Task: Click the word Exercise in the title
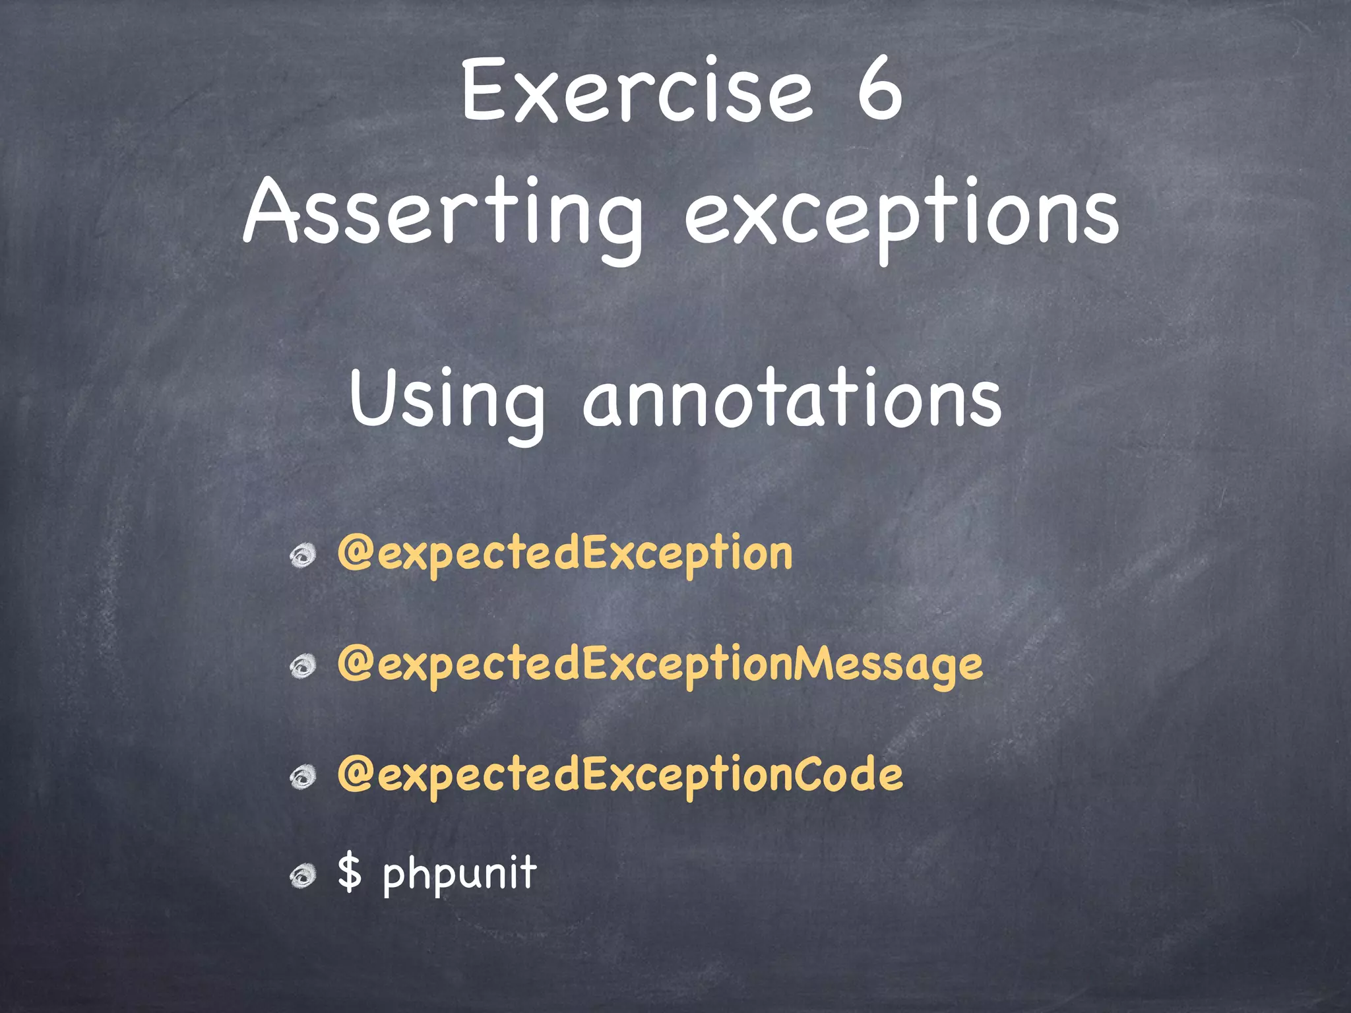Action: coord(637,90)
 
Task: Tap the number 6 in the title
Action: coord(879,90)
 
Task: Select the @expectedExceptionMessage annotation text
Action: coord(660,663)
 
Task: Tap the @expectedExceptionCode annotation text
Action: coord(619,774)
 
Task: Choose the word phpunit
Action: coord(460,874)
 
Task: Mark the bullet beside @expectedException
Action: coord(303,556)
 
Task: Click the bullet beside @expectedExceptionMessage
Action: coord(303,667)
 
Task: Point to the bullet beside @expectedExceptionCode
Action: coord(303,778)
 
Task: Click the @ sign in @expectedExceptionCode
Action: coord(356,774)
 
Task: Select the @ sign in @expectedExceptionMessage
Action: coord(356,663)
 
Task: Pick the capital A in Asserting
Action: coord(271,211)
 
